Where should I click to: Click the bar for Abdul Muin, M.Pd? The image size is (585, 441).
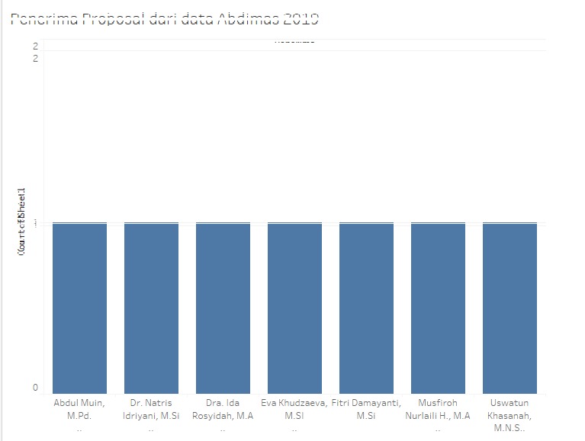pos(79,308)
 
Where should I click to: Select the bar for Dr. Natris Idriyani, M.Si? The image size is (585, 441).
pos(151,308)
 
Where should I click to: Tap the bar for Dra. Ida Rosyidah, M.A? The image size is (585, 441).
pos(223,308)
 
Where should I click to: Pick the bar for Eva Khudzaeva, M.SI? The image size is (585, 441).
pos(294,308)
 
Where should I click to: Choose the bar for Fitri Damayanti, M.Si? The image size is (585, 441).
pos(366,308)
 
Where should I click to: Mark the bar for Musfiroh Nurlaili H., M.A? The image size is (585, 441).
pos(438,308)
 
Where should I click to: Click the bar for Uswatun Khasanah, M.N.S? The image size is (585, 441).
pos(509,308)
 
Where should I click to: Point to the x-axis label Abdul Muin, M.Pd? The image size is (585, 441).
pos(79,408)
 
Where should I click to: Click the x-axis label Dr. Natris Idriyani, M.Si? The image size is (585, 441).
pos(151,408)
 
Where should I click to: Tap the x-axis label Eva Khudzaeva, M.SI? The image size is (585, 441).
pos(294,408)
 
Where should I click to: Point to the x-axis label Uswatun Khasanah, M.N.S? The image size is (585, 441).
pos(509,415)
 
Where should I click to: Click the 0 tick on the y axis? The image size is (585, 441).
pos(35,388)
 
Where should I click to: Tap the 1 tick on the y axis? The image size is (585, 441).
pos(35,222)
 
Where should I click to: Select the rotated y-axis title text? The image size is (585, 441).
pos(23,221)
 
